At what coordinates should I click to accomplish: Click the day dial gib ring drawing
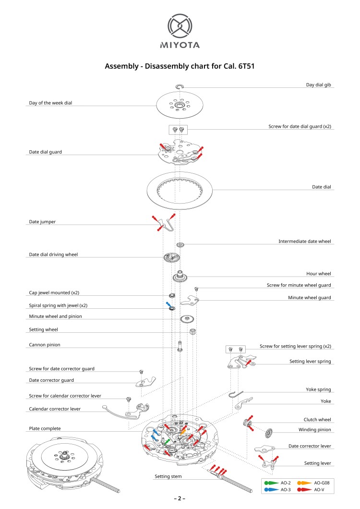(x=180, y=86)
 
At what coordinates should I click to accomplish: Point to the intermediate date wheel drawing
(x=180, y=245)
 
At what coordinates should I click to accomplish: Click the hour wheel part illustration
(x=180, y=277)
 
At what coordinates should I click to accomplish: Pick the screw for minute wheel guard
(x=196, y=289)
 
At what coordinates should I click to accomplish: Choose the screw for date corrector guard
(x=141, y=372)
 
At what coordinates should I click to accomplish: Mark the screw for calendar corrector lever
(x=129, y=400)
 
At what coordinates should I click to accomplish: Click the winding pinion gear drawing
(x=267, y=434)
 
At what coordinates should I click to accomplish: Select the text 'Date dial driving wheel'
(x=53, y=254)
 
